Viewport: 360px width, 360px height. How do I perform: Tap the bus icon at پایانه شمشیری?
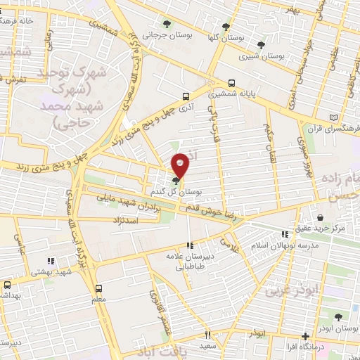(232, 82)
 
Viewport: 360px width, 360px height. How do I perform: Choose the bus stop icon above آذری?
(185, 97)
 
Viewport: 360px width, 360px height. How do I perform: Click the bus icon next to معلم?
(98, 288)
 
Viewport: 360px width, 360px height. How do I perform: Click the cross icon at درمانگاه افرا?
(304, 336)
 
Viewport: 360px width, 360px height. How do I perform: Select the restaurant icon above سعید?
(207, 335)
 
